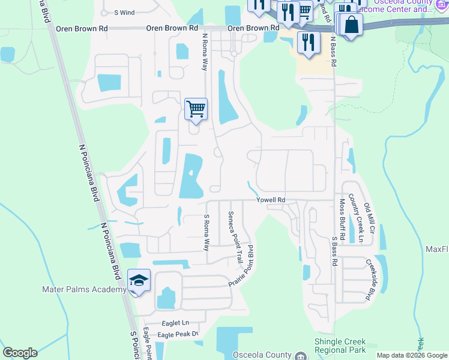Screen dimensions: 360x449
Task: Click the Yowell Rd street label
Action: pos(271,200)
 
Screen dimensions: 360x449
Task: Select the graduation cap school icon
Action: pos(139,281)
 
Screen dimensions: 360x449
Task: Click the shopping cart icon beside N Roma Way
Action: pos(196,109)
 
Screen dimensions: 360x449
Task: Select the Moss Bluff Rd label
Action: pos(342,220)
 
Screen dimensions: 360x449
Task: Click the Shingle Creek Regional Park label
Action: pos(340,345)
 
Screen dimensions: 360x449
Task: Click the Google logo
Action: pos(20,353)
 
